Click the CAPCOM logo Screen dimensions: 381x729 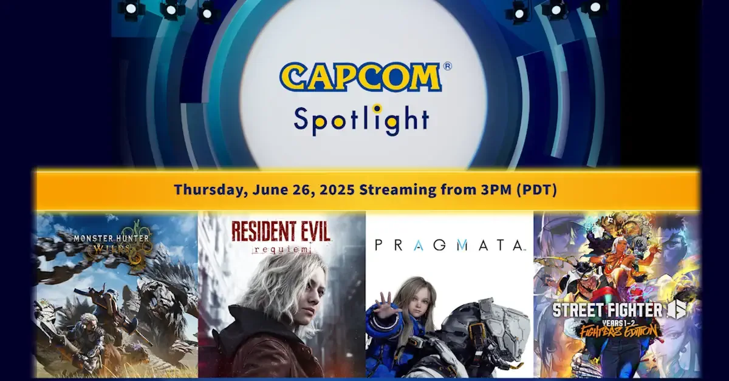point(360,78)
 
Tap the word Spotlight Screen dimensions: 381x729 point(361,119)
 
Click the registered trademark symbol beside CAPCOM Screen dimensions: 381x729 point(447,66)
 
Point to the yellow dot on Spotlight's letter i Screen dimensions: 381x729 point(377,108)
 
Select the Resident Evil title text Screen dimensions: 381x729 point(280,232)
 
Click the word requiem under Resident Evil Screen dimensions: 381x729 point(280,249)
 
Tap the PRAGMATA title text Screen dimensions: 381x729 point(449,245)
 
